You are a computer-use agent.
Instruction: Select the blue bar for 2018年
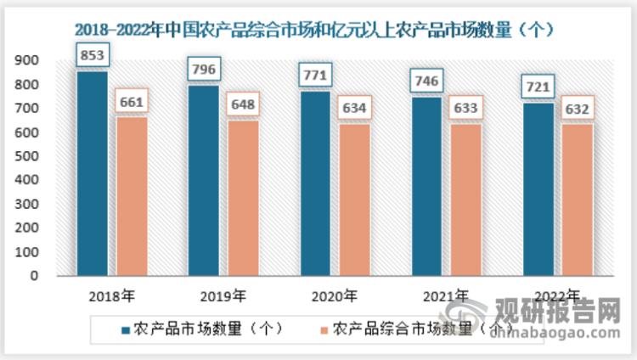pyautogui.click(x=93, y=173)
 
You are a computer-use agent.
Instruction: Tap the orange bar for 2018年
pyautogui.click(x=132, y=196)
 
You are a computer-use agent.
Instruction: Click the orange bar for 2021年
pyautogui.click(x=465, y=200)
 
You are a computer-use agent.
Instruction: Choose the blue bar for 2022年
pyautogui.click(x=538, y=189)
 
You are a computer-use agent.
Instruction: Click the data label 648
pyautogui.click(x=243, y=106)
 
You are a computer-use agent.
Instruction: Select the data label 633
pyautogui.click(x=465, y=109)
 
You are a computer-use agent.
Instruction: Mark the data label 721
pyautogui.click(x=538, y=87)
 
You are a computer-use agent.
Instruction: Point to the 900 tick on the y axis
pyautogui.click(x=26, y=60)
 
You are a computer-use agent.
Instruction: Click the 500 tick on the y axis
pyautogui.click(x=26, y=156)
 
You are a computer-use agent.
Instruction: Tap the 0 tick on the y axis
pyautogui.click(x=34, y=276)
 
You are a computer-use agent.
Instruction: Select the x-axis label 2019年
pyautogui.click(x=223, y=296)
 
